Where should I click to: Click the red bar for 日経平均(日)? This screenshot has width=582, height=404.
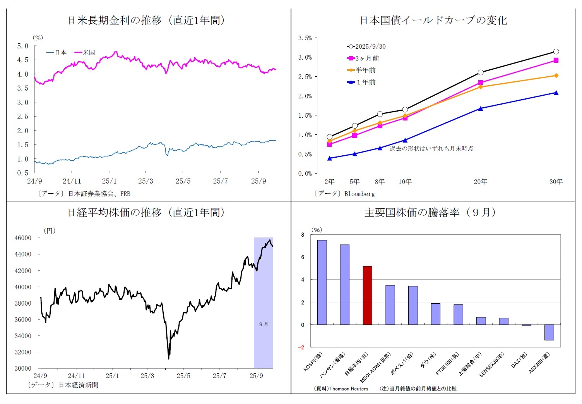(x=367, y=295)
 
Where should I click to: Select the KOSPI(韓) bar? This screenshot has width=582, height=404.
(x=322, y=282)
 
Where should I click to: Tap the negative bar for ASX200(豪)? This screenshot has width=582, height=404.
(x=549, y=332)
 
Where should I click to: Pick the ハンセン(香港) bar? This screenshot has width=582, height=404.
(x=345, y=284)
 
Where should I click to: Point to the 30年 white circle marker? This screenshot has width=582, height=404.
(x=556, y=52)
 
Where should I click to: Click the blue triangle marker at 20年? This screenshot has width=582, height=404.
(x=481, y=108)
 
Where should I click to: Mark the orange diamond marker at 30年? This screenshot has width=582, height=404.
(x=556, y=76)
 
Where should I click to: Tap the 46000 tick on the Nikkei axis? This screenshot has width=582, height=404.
(x=23, y=238)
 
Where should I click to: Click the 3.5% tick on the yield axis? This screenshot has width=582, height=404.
(x=305, y=38)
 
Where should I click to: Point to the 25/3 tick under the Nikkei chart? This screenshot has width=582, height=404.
(x=147, y=376)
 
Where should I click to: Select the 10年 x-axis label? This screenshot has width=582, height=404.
(x=405, y=182)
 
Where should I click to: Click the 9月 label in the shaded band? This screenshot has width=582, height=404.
(x=264, y=324)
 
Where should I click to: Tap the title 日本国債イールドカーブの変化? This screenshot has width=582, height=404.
(x=433, y=20)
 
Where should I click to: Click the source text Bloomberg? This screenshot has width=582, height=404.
(x=359, y=194)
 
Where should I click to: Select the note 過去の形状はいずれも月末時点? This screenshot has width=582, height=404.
(x=431, y=148)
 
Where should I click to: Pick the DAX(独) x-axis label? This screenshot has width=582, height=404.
(x=519, y=361)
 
